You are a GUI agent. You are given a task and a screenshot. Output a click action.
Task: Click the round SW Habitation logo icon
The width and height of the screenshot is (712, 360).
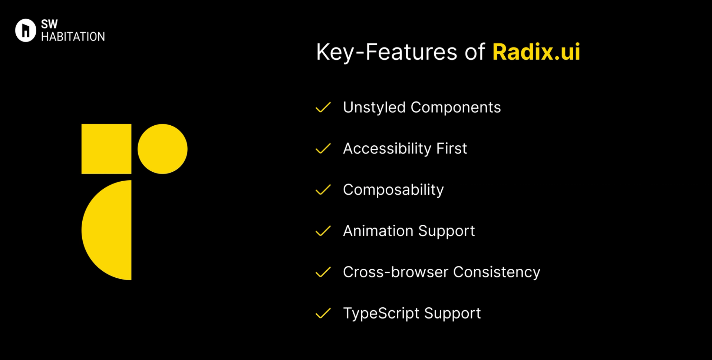coord(26,30)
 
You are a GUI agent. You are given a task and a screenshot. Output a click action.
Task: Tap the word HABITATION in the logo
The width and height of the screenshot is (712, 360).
coord(73,37)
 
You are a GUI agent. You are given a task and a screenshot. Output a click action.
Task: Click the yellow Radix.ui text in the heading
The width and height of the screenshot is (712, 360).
coord(536,52)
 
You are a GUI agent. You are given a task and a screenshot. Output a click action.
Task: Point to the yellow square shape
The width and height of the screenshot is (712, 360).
coord(106,149)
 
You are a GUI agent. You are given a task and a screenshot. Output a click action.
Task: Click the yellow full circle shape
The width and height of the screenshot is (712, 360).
coord(162,149)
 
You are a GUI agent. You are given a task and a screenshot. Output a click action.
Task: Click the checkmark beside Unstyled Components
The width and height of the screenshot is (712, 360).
coord(323,108)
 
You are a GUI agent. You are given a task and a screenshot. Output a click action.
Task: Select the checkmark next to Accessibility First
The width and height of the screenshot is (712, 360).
coord(323,149)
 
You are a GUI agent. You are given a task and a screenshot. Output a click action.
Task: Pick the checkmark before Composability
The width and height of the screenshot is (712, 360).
coord(323,190)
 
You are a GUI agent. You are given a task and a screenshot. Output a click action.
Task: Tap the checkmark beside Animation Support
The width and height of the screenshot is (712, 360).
coord(323,231)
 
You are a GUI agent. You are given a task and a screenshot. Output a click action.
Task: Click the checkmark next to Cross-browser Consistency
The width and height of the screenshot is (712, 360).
coord(323,273)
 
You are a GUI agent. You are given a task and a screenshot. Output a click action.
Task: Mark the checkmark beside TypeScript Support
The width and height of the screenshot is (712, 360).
coord(323,314)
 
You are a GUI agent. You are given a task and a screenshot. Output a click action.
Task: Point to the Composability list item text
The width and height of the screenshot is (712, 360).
coord(393,190)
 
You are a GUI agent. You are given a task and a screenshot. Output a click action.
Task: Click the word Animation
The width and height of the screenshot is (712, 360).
coord(378,231)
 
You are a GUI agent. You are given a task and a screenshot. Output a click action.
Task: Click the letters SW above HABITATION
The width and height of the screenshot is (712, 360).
coord(49,24)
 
